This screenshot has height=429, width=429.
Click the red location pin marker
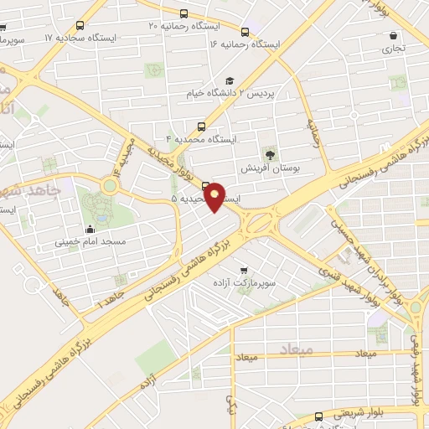215,196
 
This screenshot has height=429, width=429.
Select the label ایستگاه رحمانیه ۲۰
178,27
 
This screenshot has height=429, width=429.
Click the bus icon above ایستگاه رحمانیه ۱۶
245,29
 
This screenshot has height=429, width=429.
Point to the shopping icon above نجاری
393,35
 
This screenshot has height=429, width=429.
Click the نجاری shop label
393,49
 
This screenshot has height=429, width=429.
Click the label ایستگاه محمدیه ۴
201,137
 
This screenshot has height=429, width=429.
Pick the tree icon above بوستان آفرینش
269,153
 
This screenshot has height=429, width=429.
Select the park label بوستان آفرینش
270,168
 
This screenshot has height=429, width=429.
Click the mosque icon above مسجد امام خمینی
90,230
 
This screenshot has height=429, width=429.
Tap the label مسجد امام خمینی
90,242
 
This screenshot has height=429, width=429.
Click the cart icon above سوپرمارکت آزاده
243,271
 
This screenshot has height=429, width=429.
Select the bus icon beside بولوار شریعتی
318,416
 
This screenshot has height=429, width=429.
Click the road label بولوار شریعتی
358,413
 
